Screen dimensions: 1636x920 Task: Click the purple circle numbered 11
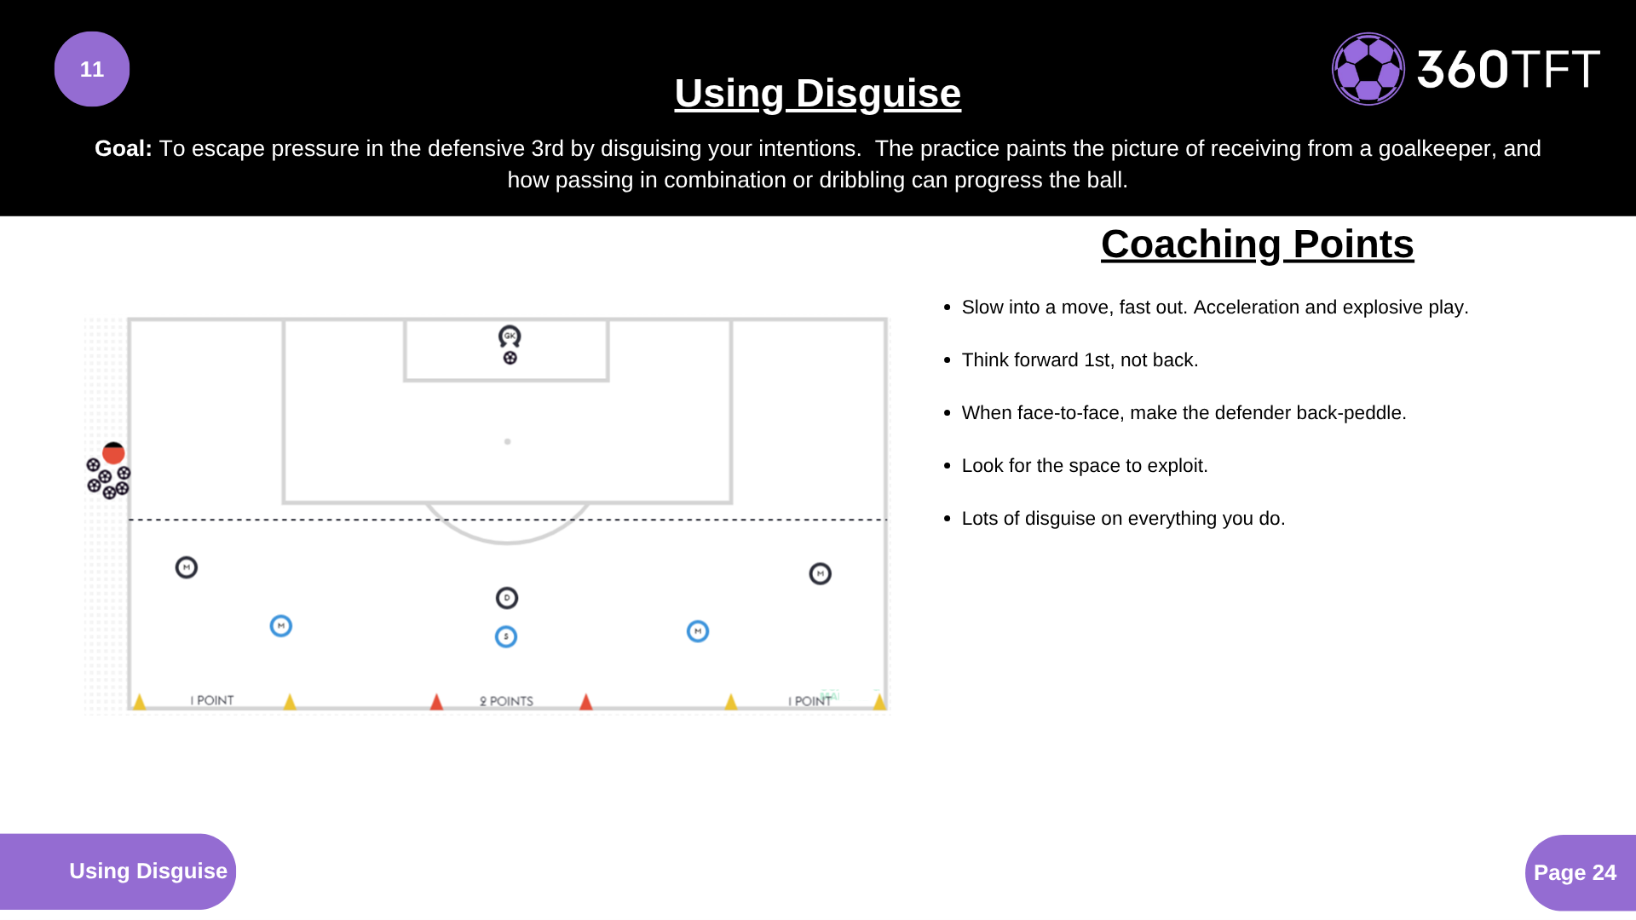pyautogui.click(x=92, y=69)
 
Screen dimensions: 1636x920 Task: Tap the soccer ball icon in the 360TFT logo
pyautogui.click(x=1368, y=69)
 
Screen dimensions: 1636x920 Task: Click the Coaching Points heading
pyautogui.click(x=1257, y=244)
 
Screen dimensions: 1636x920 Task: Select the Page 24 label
pyautogui.click(x=1575, y=872)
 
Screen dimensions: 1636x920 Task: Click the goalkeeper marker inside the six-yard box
pyautogui.click(x=510, y=336)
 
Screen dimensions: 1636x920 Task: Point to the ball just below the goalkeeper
pyautogui.click(x=510, y=358)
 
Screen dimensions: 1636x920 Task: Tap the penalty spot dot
pyautogui.click(x=508, y=441)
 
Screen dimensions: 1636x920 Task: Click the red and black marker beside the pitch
pyautogui.click(x=113, y=452)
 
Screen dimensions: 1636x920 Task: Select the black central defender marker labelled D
pyautogui.click(x=507, y=598)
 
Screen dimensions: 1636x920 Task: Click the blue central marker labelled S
pyautogui.click(x=506, y=636)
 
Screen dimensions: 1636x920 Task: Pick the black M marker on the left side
pyautogui.click(x=187, y=567)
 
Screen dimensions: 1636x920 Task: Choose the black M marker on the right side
pyautogui.click(x=821, y=573)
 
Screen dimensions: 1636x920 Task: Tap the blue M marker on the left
pyautogui.click(x=281, y=626)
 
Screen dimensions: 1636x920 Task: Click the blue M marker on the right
pyautogui.click(x=698, y=631)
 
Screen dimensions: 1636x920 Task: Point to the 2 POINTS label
pyautogui.click(x=506, y=701)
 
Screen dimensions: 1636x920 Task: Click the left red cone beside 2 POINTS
pyautogui.click(x=436, y=701)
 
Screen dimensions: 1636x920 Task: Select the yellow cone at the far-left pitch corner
pyautogui.click(x=139, y=701)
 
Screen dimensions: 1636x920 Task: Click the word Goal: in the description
pyautogui.click(x=124, y=148)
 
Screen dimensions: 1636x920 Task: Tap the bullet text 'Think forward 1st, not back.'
pyautogui.click(x=1080, y=360)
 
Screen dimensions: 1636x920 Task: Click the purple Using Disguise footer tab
pyautogui.click(x=118, y=871)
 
